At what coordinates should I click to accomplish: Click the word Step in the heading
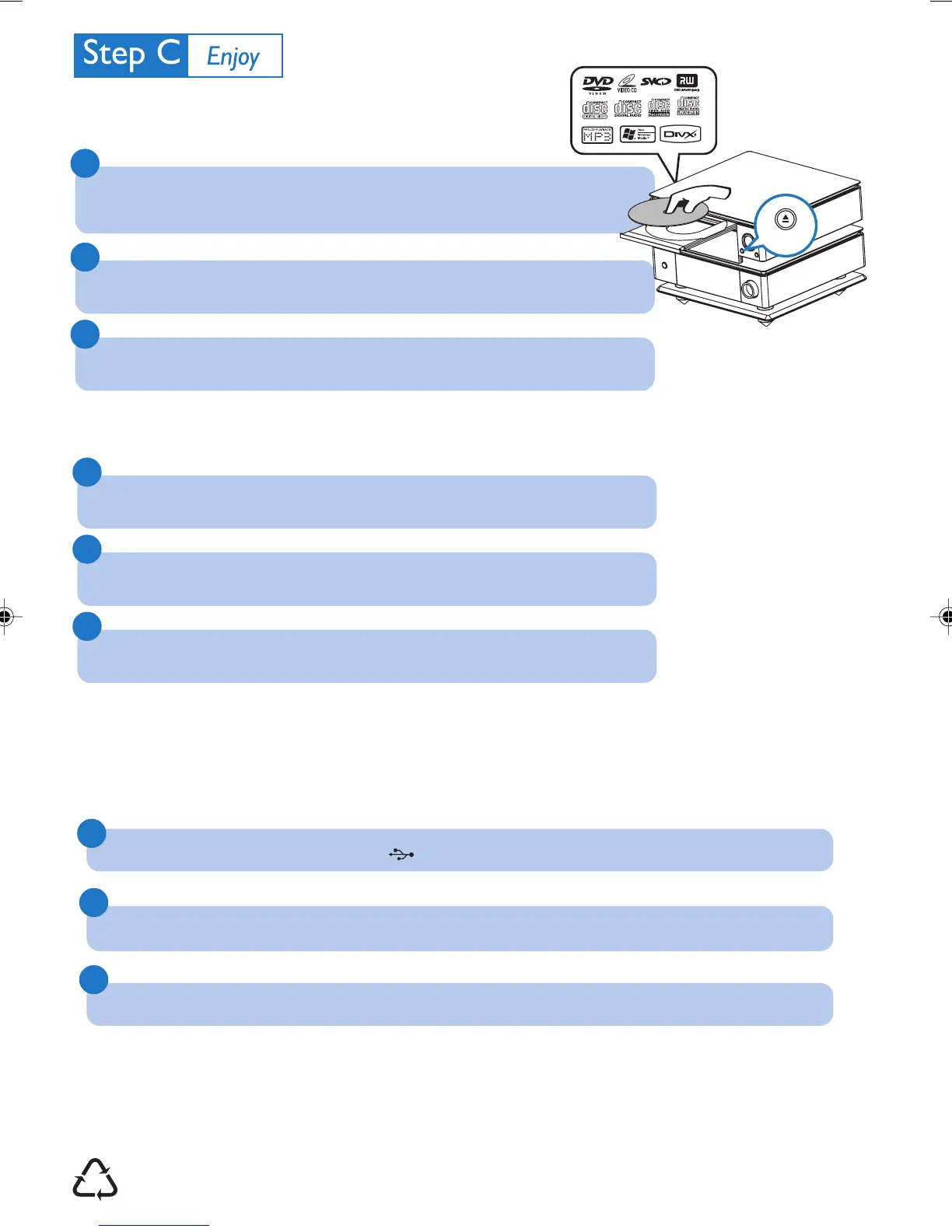(x=114, y=54)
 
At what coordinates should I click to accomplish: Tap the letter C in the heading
(x=168, y=53)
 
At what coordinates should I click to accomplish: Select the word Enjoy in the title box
(x=233, y=57)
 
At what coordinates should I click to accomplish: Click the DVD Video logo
(x=597, y=83)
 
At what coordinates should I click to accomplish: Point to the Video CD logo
(x=627, y=83)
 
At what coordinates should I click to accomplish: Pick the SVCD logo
(x=656, y=82)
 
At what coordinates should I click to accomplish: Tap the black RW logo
(x=687, y=82)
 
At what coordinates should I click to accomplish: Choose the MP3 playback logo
(x=597, y=135)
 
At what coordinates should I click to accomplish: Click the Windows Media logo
(x=637, y=135)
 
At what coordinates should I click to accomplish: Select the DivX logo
(x=680, y=135)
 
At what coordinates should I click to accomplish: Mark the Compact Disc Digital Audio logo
(x=628, y=109)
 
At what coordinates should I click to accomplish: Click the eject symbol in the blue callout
(x=786, y=220)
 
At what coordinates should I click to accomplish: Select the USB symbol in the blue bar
(x=401, y=855)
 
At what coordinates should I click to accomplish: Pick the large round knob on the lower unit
(x=749, y=289)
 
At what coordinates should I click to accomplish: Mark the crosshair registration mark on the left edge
(x=5, y=617)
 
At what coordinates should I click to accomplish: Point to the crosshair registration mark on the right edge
(x=946, y=617)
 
